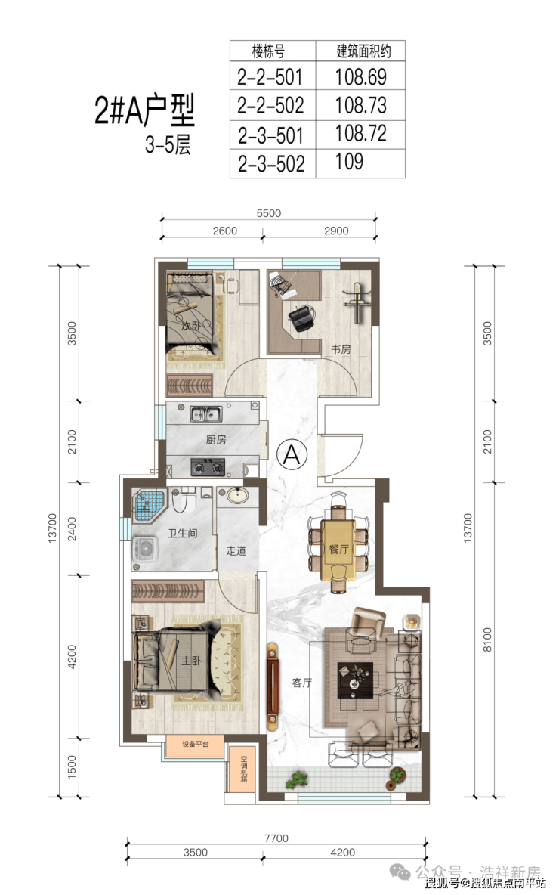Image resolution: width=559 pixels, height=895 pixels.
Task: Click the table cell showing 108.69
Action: click(x=360, y=76)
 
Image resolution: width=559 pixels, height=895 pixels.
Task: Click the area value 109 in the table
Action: click(x=349, y=162)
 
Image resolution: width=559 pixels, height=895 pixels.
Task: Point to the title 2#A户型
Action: click(x=144, y=110)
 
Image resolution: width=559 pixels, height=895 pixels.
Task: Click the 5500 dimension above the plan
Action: click(x=269, y=213)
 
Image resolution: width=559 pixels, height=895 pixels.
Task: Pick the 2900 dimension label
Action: click(x=336, y=231)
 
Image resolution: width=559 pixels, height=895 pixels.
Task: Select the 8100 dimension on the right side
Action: click(x=486, y=640)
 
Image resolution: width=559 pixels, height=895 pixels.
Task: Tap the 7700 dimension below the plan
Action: click(x=276, y=838)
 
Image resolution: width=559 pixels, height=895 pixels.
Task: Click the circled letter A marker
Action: click(x=292, y=454)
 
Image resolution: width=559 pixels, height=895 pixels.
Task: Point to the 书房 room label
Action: click(x=341, y=349)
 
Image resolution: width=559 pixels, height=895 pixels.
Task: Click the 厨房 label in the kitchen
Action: click(x=216, y=439)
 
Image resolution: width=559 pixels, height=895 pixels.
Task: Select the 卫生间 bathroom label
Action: click(x=183, y=533)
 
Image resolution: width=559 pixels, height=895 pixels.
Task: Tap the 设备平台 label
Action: click(x=196, y=745)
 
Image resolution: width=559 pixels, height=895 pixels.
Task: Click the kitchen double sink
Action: click(x=206, y=413)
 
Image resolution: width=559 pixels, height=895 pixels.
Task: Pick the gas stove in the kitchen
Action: click(x=208, y=467)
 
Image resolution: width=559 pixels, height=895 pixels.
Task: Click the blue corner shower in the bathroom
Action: click(x=148, y=505)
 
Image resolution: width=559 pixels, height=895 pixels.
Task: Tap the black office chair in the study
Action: click(x=301, y=317)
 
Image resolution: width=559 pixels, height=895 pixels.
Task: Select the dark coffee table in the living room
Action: click(x=355, y=680)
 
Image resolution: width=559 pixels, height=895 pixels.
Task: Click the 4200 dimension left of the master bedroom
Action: click(x=71, y=656)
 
